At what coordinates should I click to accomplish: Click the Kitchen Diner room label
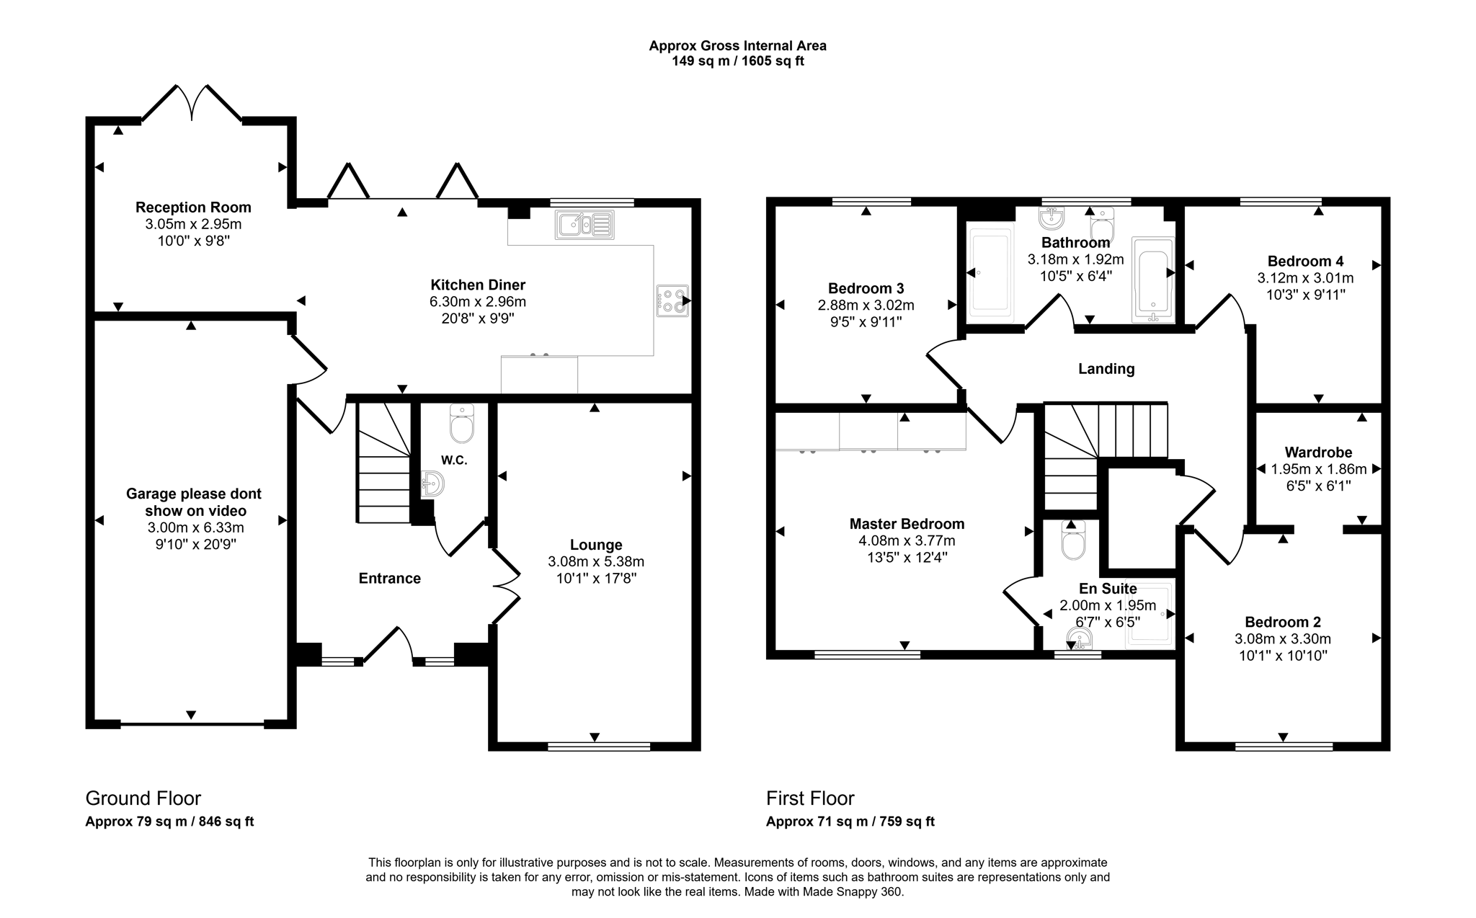click(x=478, y=285)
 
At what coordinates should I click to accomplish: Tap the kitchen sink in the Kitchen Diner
click(x=584, y=225)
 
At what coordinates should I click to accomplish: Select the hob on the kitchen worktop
click(x=672, y=300)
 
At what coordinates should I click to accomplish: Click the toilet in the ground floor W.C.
click(x=461, y=423)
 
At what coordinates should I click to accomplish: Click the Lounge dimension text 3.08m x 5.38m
click(x=596, y=561)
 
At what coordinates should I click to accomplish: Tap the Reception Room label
click(x=193, y=208)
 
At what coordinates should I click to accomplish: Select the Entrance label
click(x=390, y=578)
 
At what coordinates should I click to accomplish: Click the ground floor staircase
click(x=384, y=463)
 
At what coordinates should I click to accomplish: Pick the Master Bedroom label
click(x=907, y=524)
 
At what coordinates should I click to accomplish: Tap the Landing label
click(x=1106, y=369)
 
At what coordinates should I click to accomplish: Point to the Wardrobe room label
click(x=1318, y=453)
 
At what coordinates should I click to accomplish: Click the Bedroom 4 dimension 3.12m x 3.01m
click(x=1305, y=278)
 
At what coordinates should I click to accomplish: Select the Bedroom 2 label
click(x=1283, y=622)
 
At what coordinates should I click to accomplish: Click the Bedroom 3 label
click(x=866, y=288)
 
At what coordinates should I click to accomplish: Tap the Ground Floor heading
click(x=143, y=798)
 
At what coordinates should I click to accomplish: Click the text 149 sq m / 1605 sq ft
click(x=738, y=61)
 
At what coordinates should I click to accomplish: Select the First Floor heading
click(x=810, y=798)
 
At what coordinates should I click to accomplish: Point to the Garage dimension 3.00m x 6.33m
click(x=196, y=527)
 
